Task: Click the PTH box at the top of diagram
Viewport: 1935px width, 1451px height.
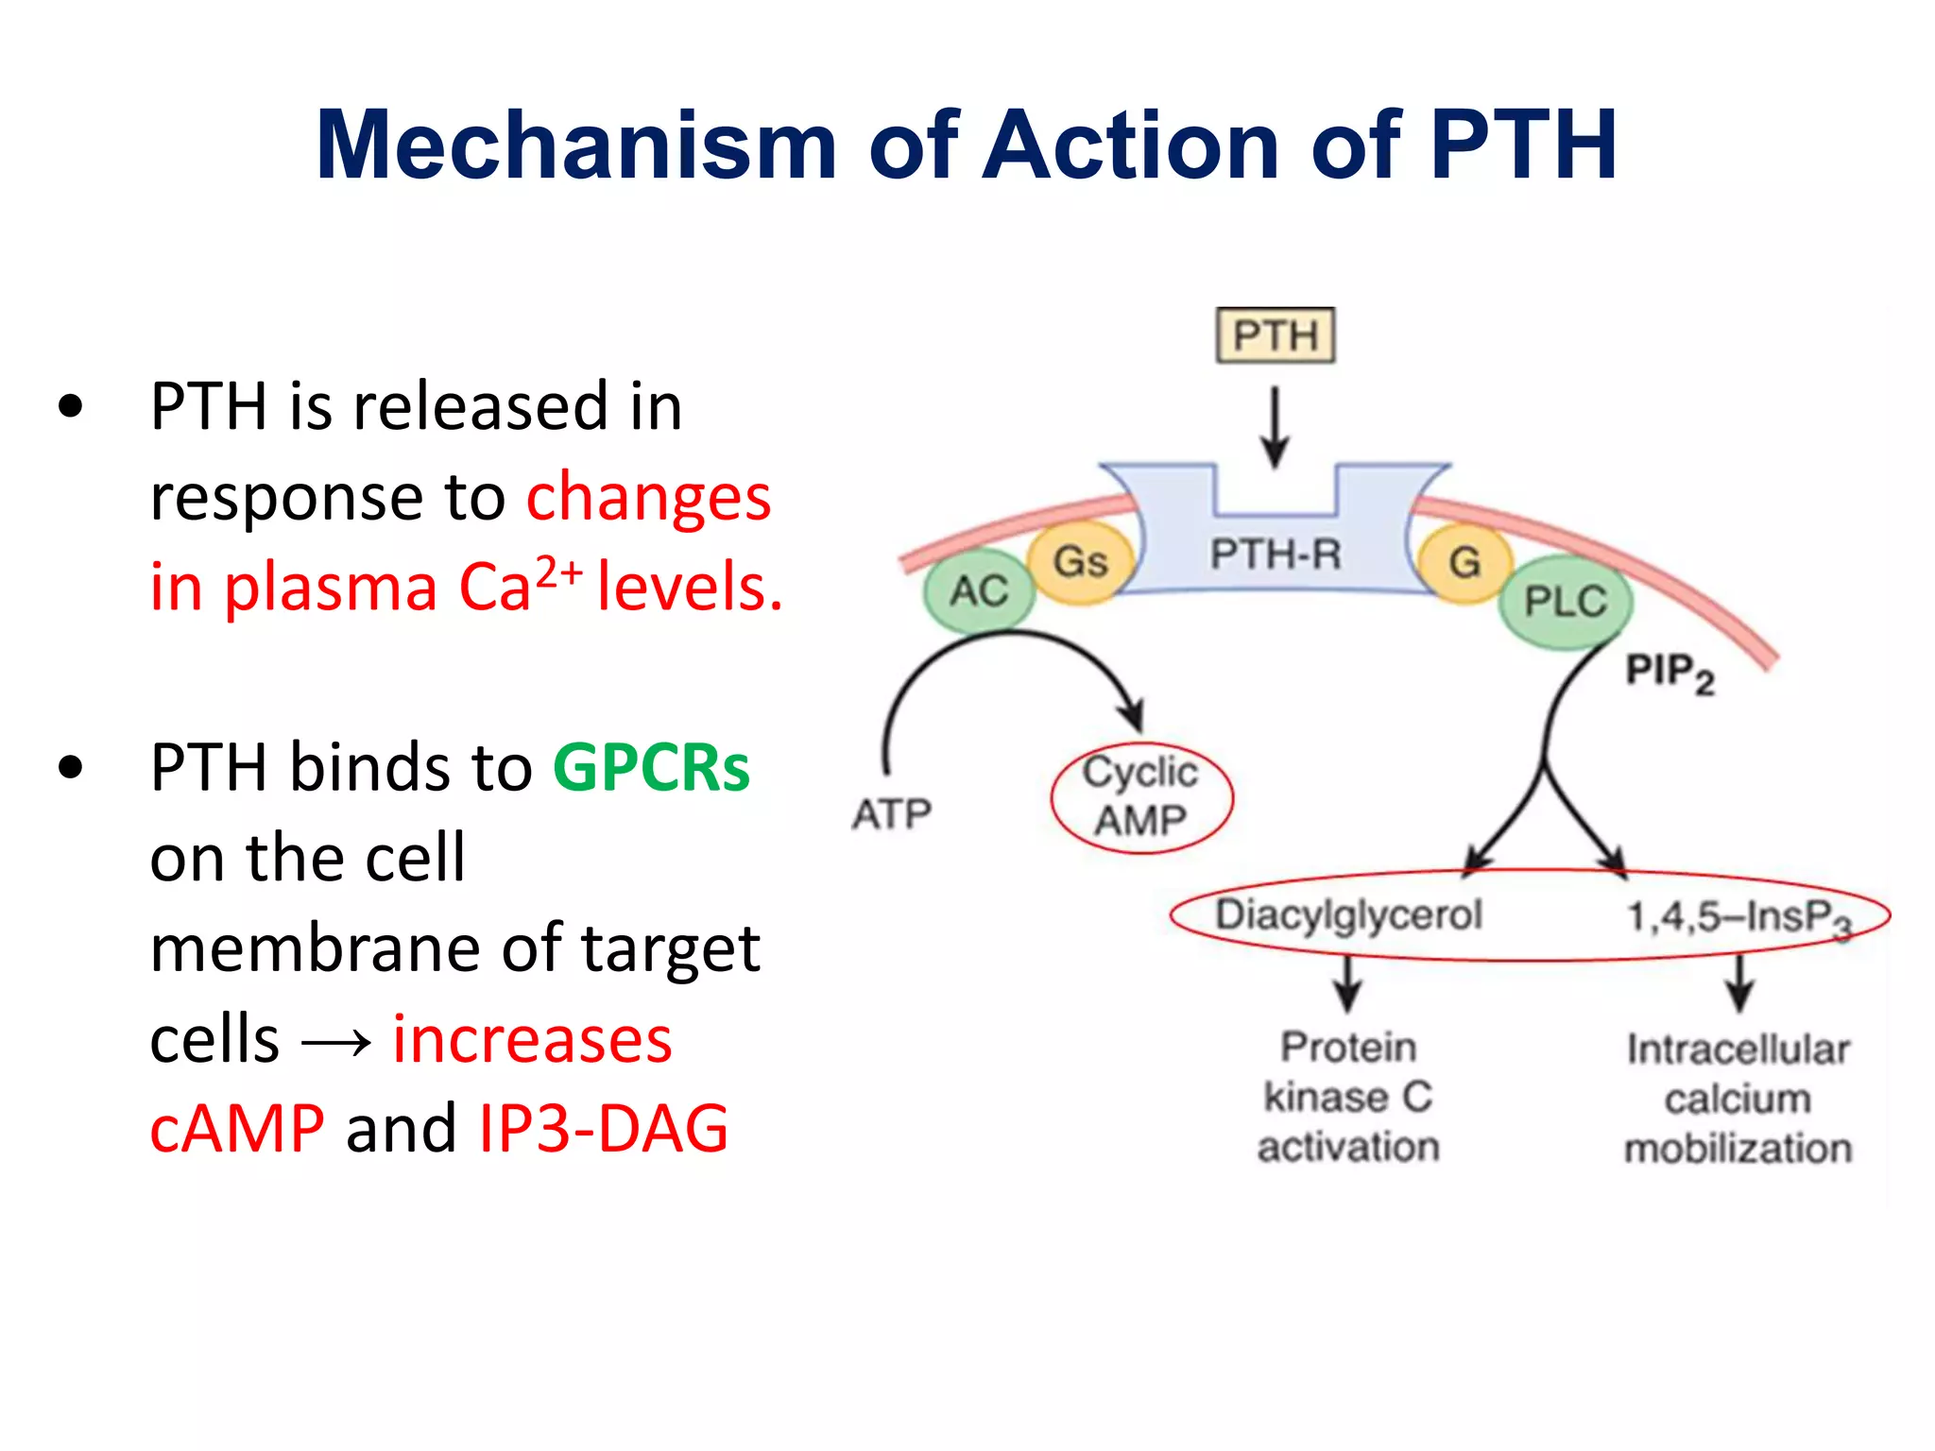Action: pos(1275,335)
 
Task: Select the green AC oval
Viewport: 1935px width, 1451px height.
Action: pos(979,591)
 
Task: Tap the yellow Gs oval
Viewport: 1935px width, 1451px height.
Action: pos(1080,561)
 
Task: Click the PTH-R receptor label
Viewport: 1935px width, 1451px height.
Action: pos(1276,555)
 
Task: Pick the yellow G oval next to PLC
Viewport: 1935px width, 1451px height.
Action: pos(1464,563)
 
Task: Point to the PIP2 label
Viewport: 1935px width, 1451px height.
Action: pos(1670,673)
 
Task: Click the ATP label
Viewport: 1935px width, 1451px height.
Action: pos(892,813)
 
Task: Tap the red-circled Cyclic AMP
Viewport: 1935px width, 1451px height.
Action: pos(1141,797)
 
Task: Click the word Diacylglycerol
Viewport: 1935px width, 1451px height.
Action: pos(1348,914)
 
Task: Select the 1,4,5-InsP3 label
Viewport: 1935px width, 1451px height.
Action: pos(1737,917)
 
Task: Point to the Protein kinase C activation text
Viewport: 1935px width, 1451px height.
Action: pos(1348,1097)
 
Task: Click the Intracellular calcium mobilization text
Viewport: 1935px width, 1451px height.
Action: pos(1738,1099)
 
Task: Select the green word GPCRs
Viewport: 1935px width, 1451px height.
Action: pos(651,767)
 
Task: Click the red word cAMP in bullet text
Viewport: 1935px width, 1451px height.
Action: pos(237,1128)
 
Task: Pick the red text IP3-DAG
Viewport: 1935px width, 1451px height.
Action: pos(604,1128)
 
